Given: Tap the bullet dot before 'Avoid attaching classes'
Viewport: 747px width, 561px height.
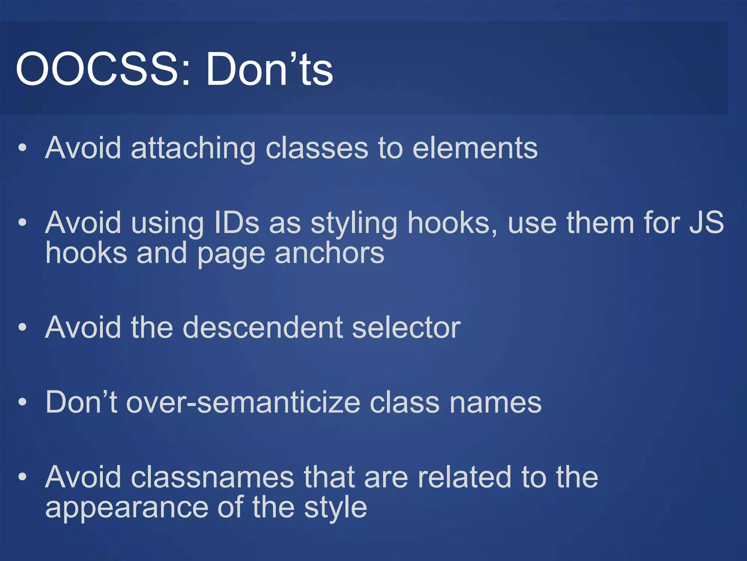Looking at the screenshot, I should pos(23,148).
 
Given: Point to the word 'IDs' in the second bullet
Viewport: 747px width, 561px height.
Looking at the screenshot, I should pos(237,223).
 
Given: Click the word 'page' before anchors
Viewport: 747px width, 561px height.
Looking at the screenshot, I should pos(231,255).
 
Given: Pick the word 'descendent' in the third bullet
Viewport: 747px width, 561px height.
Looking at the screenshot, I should pos(262,327).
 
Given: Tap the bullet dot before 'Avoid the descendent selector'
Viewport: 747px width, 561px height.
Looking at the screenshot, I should pos(23,327).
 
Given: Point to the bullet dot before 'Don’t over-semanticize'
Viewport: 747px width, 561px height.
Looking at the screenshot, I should pos(23,402).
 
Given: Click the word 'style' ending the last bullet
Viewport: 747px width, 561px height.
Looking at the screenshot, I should pos(336,508).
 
